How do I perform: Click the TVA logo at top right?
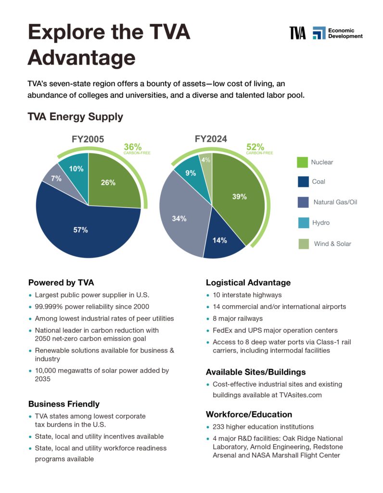click(x=297, y=33)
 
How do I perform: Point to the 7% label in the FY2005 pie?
click(x=56, y=179)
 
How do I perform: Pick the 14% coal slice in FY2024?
click(x=221, y=239)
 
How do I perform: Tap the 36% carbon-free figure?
click(x=133, y=147)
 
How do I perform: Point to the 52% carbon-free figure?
click(x=255, y=147)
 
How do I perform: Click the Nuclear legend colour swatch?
click(x=302, y=162)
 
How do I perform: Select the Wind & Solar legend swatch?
click(x=304, y=244)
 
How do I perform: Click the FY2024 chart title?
click(x=211, y=139)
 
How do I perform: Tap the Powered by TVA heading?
click(x=61, y=282)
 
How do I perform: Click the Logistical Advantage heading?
click(x=248, y=282)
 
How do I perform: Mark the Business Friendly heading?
click(x=64, y=404)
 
